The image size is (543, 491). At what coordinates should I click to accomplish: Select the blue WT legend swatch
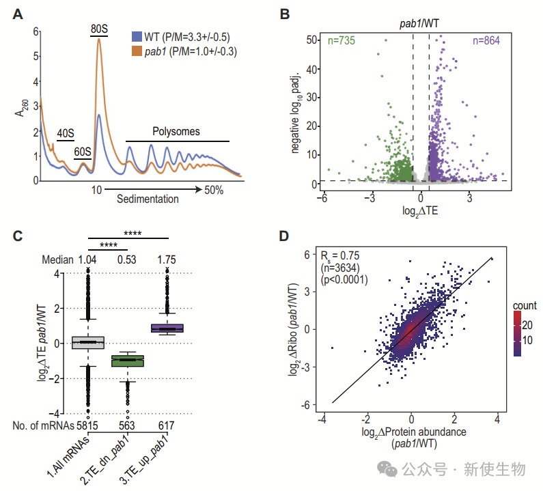pyautogui.click(x=137, y=36)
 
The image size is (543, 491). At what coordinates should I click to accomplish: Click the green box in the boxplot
pyautogui.click(x=126, y=361)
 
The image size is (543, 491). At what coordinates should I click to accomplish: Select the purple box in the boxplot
pyautogui.click(x=169, y=329)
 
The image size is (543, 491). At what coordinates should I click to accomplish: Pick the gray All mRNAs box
pyautogui.click(x=87, y=342)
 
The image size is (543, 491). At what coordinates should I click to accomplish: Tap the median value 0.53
pyautogui.click(x=127, y=260)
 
